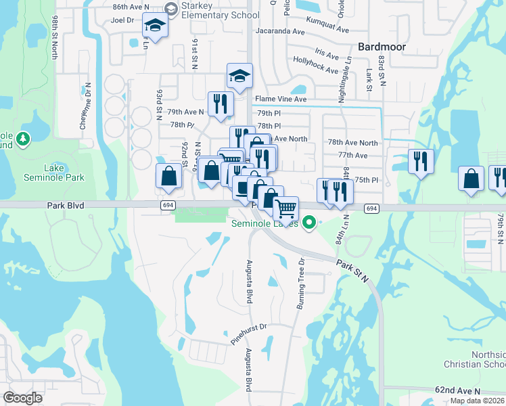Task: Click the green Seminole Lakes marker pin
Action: (310, 221)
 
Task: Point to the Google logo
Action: (22, 398)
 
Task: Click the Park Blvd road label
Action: (66, 204)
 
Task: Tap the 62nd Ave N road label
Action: (457, 391)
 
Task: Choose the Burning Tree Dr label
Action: (301, 282)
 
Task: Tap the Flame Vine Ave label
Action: (281, 99)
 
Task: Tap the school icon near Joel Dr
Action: (156, 26)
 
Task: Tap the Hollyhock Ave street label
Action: (315, 66)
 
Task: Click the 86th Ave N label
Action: (131, 6)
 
